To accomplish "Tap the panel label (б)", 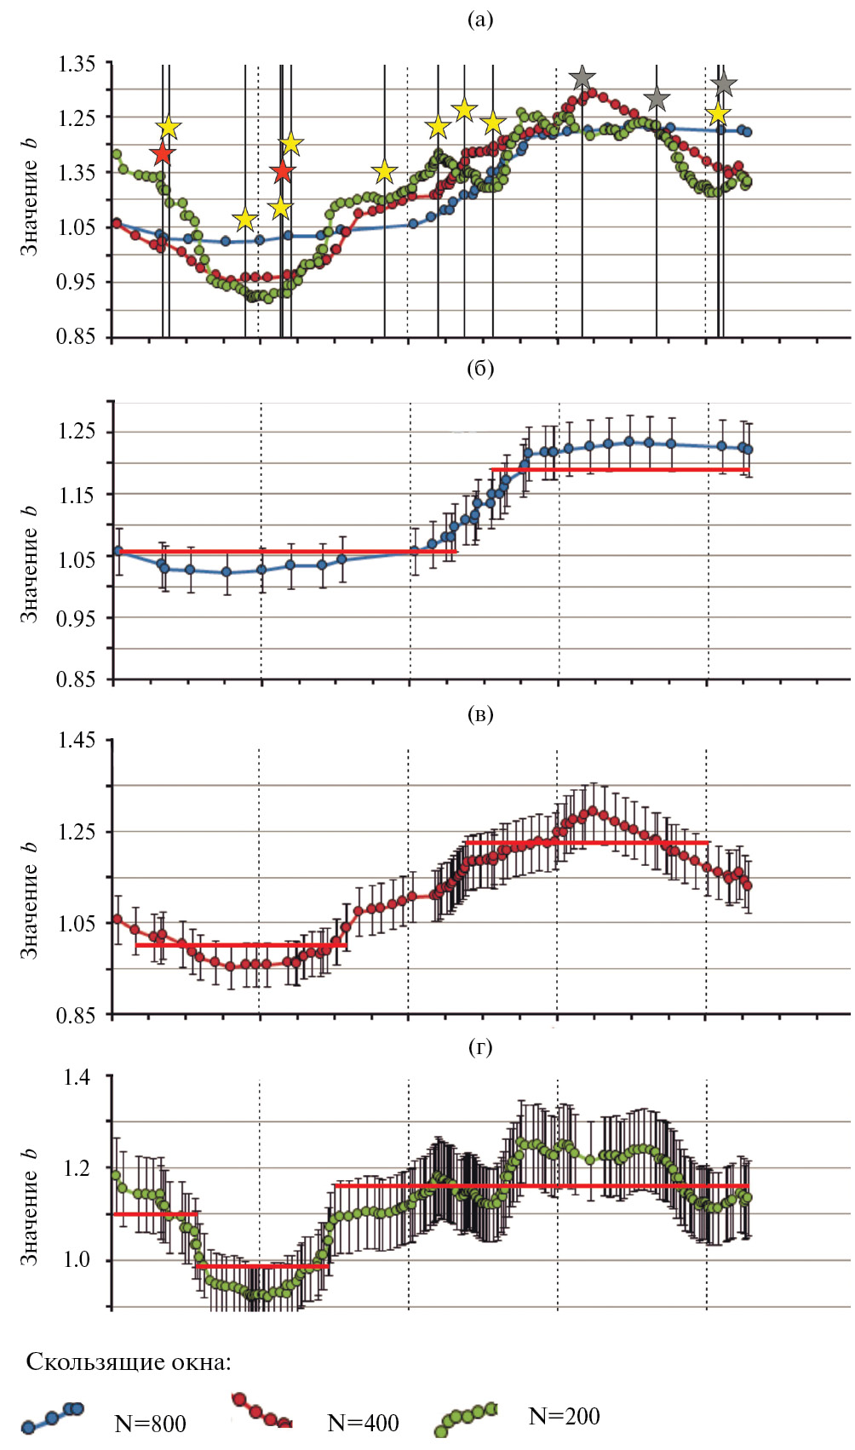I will tap(480, 369).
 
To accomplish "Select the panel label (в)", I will tap(480, 714).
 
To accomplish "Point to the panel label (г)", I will tap(480, 1047).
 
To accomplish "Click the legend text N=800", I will tap(150, 1423).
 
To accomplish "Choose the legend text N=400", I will tap(363, 1422).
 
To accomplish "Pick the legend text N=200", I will tap(564, 1416).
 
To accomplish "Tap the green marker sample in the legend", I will tap(465, 1418).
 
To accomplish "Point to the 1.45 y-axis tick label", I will tap(76, 740).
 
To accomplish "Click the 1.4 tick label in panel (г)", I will tap(77, 1077).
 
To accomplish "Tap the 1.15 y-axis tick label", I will tap(76, 495).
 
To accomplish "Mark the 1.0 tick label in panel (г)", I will tap(77, 1260).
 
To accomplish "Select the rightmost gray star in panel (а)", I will tap(724, 84).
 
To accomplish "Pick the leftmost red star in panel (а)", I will tap(162, 154).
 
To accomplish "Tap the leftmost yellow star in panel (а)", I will tap(169, 128).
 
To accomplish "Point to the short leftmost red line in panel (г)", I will tap(155, 1214).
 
